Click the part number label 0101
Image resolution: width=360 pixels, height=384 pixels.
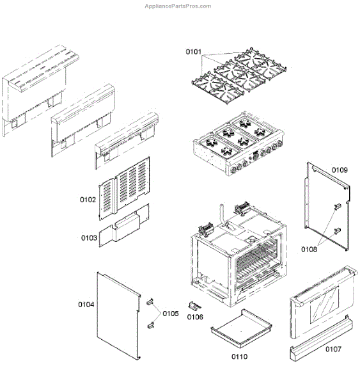[194, 52]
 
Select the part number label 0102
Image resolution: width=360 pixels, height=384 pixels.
[88, 199]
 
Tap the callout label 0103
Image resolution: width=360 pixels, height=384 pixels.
[89, 237]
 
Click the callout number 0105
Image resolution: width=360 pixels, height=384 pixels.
[171, 313]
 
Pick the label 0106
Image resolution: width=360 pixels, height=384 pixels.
[195, 317]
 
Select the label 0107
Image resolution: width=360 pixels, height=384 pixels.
[333, 349]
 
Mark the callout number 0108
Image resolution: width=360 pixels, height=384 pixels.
[309, 249]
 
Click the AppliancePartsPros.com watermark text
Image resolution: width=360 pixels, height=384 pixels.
[180, 6]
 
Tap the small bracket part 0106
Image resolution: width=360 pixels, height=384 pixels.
[195, 305]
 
